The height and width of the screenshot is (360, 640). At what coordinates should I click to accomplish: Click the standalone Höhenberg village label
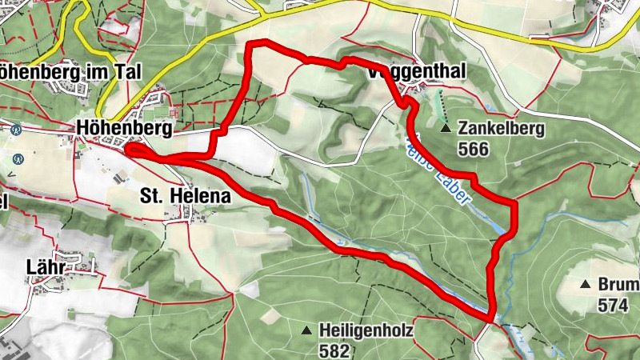[x=114, y=127]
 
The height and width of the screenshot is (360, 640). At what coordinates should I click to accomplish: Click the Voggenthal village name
[x=416, y=72]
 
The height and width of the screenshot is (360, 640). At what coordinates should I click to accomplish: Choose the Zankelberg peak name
[x=502, y=128]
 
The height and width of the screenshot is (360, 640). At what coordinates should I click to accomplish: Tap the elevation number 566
[x=474, y=148]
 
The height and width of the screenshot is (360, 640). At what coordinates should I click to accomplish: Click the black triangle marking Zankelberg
[x=446, y=127]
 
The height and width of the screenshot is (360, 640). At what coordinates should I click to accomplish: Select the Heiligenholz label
[x=367, y=330]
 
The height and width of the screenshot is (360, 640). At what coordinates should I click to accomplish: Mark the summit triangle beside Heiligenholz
[x=306, y=330]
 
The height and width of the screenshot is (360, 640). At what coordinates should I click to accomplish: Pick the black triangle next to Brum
[x=586, y=285]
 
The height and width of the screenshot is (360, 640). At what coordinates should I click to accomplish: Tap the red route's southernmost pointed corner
[x=489, y=319]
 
